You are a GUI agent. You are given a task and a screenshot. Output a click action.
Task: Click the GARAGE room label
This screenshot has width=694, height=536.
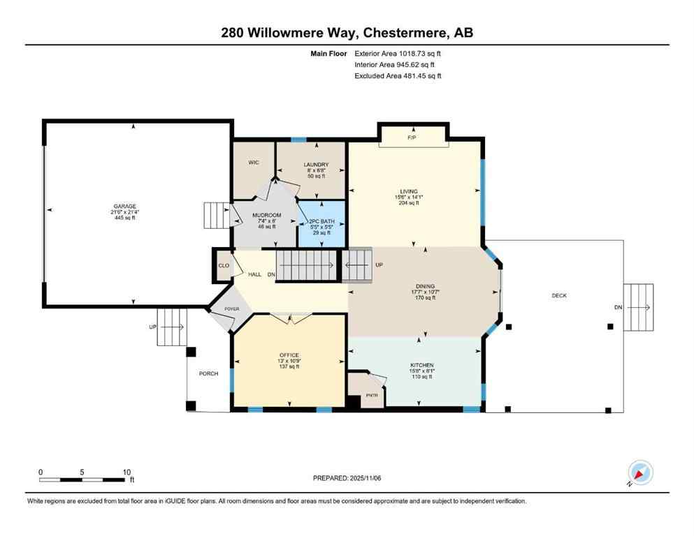(125, 207)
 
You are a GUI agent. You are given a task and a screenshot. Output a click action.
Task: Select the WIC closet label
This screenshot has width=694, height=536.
(254, 163)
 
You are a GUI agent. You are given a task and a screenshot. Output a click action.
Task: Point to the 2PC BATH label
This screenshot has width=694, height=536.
(322, 221)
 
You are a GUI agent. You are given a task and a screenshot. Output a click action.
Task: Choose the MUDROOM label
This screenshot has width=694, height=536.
(266, 215)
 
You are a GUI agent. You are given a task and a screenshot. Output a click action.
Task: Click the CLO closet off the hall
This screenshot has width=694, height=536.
(224, 266)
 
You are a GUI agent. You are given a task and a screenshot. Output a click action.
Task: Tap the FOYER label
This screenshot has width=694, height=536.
(232, 308)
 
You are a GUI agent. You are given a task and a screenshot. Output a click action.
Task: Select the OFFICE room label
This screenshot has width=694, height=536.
(289, 355)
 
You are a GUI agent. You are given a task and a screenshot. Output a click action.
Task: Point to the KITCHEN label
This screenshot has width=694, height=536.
(422, 365)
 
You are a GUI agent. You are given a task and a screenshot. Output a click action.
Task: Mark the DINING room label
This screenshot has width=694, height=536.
(425, 286)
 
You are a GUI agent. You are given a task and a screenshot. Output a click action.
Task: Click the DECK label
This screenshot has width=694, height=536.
(559, 296)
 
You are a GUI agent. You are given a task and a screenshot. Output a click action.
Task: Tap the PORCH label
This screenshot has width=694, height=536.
(208, 373)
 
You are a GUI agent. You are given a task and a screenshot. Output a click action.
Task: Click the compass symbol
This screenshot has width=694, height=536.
(639, 473)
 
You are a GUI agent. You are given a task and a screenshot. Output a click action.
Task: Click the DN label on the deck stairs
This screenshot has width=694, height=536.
(617, 308)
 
